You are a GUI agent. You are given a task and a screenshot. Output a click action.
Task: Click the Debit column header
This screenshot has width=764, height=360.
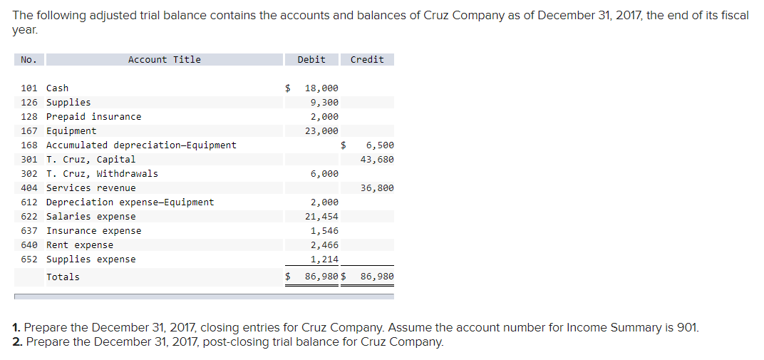(311, 60)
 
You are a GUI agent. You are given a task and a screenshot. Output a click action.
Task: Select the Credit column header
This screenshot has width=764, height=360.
(367, 60)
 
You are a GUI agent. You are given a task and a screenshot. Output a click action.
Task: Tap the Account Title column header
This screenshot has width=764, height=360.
(164, 60)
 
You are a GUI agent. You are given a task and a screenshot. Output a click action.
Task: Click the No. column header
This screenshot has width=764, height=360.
(29, 60)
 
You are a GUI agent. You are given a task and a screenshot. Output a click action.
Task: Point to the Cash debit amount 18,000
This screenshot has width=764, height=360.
(321, 88)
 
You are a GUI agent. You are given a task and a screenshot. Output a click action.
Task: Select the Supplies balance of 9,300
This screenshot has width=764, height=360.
(325, 103)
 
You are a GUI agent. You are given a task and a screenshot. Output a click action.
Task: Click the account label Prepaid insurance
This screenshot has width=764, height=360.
(93, 117)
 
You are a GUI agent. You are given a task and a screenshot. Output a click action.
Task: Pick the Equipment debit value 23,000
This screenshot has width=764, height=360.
(321, 131)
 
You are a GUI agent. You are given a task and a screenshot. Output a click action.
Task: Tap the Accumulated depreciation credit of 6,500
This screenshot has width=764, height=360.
(380, 145)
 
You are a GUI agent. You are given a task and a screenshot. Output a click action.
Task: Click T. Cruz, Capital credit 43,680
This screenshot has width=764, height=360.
(377, 160)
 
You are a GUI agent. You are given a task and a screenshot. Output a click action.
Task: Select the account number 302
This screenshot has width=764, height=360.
(29, 174)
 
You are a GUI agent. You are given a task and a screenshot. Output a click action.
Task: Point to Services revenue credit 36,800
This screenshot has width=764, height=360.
(377, 188)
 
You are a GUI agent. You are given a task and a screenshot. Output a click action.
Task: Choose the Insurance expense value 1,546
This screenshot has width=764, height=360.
(324, 231)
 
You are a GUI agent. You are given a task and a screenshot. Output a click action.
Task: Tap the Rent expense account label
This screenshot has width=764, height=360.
(79, 245)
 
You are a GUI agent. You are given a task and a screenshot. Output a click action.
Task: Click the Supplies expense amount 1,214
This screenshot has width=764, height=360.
(324, 259)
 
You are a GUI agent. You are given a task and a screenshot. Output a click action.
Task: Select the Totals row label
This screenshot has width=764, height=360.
(63, 277)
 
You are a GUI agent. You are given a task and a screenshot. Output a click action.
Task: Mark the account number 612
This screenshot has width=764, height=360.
(29, 202)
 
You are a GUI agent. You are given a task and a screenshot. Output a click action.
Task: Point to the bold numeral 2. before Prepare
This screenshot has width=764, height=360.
(17, 341)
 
